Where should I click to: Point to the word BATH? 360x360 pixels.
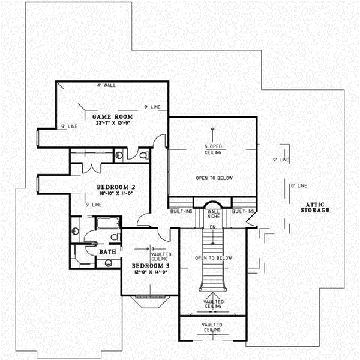pos(107,251)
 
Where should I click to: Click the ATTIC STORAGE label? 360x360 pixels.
pos(316,207)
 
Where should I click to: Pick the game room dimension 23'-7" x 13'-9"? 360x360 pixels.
pos(111,122)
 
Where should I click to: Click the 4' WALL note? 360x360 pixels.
pos(106,86)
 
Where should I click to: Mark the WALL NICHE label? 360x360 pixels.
pos(214,214)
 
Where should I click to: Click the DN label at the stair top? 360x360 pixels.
pos(212,226)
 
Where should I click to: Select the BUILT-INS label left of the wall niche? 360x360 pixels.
pos(180,211)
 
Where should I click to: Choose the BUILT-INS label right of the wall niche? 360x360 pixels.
pos(243,211)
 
